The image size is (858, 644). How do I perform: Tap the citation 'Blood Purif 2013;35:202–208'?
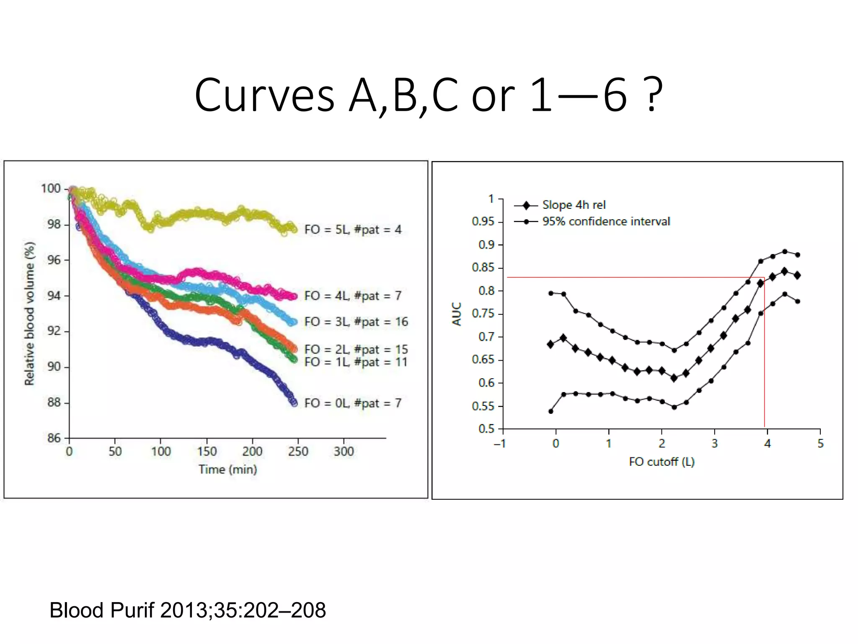(x=187, y=610)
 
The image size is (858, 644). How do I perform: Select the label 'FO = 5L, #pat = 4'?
(x=353, y=229)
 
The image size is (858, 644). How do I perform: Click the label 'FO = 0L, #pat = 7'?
(x=353, y=403)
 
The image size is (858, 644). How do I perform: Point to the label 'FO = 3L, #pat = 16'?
(x=356, y=322)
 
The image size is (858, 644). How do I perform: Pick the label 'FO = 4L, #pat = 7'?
(x=353, y=296)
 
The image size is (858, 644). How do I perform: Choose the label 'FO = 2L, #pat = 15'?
(x=356, y=349)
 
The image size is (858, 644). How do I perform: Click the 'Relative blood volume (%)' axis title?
(x=29, y=313)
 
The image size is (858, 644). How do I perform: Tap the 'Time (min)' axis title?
(x=227, y=469)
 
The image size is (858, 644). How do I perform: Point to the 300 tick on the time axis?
(x=344, y=452)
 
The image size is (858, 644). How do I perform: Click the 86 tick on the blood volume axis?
(x=54, y=438)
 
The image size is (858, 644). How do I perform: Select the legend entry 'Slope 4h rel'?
(x=574, y=205)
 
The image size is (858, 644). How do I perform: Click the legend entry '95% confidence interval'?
(x=606, y=221)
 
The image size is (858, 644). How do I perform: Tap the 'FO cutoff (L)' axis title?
(x=662, y=462)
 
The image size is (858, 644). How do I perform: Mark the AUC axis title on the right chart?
(x=457, y=314)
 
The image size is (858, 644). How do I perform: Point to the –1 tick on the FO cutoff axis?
(x=500, y=444)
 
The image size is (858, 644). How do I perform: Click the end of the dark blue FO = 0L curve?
(x=294, y=402)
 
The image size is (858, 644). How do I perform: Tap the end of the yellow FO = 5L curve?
(x=295, y=229)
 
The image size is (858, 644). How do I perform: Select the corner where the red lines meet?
(x=764, y=277)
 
